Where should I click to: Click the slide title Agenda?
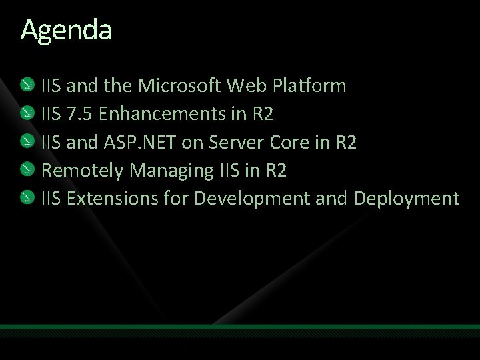pos(66,30)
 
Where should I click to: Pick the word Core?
pos(295,142)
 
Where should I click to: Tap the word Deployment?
pos(407,199)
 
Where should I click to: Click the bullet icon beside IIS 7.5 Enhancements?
pos(27,113)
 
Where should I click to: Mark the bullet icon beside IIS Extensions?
pos(27,198)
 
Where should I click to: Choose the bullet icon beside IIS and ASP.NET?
pos(27,141)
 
